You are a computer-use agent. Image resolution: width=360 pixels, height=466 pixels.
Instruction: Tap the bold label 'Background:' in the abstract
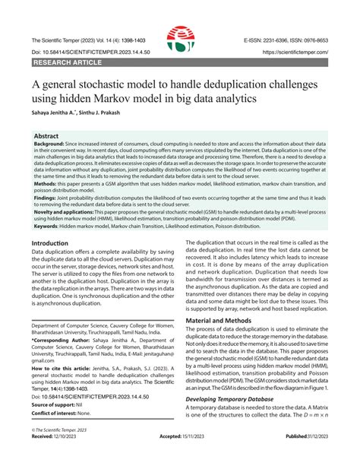pyautogui.click(x=49, y=144)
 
